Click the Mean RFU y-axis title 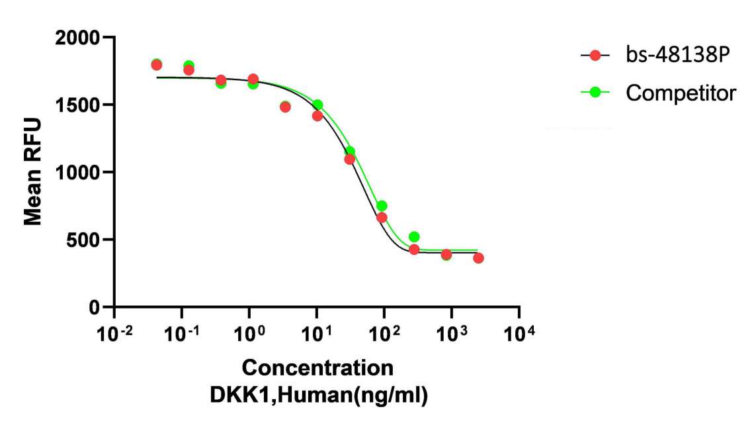pyautogui.click(x=33, y=172)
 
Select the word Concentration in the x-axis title pyautogui.click(x=317, y=368)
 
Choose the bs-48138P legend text pyautogui.click(x=677, y=56)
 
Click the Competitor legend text pyautogui.click(x=681, y=93)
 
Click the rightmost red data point pyautogui.click(x=478, y=258)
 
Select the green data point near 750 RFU pyautogui.click(x=382, y=206)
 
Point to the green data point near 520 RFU pyautogui.click(x=414, y=236)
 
